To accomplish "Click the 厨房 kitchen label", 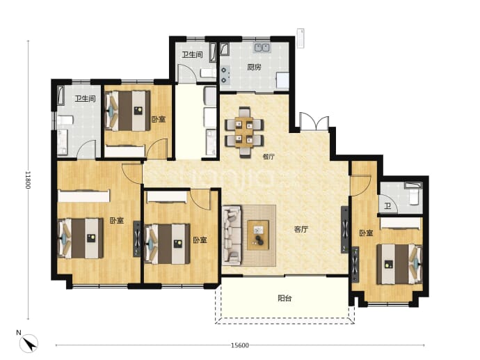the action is pyautogui.click(x=254, y=67).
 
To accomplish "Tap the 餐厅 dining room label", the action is pyautogui.click(x=269, y=157).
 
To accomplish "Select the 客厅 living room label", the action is pyautogui.click(x=301, y=230).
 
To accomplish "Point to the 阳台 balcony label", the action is pyautogui.click(x=285, y=298).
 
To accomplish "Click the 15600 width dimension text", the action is pyautogui.click(x=240, y=345).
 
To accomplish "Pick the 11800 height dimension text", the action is pyautogui.click(x=28, y=180).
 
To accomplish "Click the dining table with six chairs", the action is pyautogui.click(x=244, y=132).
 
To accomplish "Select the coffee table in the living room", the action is pyautogui.click(x=258, y=235).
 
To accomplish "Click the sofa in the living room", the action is pyautogui.click(x=232, y=235).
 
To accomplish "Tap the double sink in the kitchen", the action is pyautogui.click(x=262, y=47).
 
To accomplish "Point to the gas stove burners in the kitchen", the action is pyautogui.click(x=225, y=75).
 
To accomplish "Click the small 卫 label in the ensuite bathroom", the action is pyautogui.click(x=387, y=206).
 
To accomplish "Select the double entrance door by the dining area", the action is pyautogui.click(x=314, y=122).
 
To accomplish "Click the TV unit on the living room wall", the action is pyautogui.click(x=344, y=230).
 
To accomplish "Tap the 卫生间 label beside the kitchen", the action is pyautogui.click(x=192, y=55).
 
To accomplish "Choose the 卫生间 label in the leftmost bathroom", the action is pyautogui.click(x=85, y=99).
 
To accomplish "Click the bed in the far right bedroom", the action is pyautogui.click(x=399, y=264).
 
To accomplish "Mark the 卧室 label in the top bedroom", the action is pyautogui.click(x=159, y=119).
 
